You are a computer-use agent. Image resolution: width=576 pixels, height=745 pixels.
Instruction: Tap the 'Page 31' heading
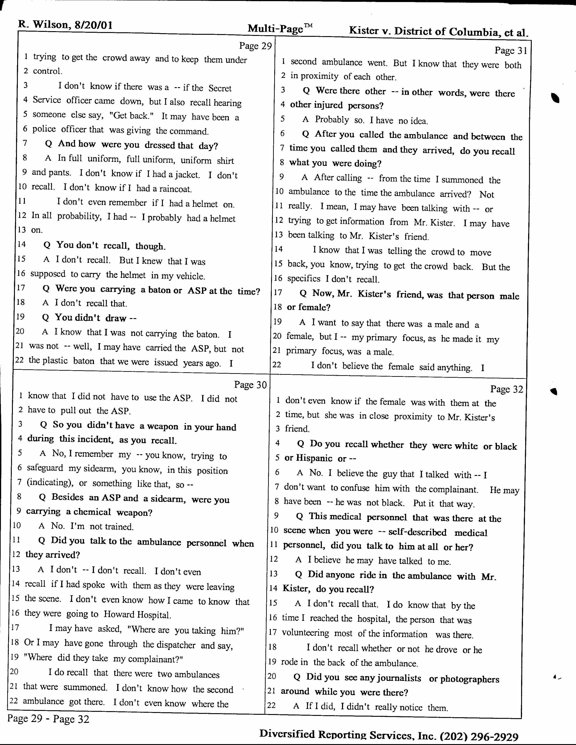coord(511,51)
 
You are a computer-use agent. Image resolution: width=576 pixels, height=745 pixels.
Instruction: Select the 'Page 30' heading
coord(250,385)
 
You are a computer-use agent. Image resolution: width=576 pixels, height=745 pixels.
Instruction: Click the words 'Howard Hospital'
coord(137,615)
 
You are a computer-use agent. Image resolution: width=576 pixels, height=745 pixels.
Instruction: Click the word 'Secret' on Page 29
coord(220,88)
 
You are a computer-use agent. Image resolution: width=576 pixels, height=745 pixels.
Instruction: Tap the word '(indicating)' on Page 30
coord(49,483)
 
